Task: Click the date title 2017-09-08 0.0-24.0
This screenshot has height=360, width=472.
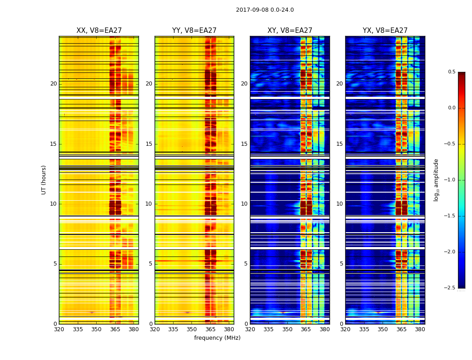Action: (265, 10)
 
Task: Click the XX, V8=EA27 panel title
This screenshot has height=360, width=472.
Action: (99, 31)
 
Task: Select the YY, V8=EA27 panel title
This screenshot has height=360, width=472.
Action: (194, 31)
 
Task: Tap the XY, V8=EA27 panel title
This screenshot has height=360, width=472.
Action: (290, 31)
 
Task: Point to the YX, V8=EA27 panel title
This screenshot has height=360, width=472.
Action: (385, 31)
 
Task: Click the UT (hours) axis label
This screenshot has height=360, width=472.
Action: (44, 180)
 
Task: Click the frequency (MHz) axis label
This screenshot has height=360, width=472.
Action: (217, 338)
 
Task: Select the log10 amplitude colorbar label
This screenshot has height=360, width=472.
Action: (436, 180)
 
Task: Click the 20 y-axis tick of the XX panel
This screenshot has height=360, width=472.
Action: (53, 84)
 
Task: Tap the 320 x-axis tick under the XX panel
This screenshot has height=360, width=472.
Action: (59, 329)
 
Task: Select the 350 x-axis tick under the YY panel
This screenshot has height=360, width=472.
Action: (192, 329)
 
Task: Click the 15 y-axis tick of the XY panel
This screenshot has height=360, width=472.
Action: (245, 144)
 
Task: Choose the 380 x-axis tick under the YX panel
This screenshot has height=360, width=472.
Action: (420, 329)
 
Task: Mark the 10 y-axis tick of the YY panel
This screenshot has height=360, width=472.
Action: (149, 204)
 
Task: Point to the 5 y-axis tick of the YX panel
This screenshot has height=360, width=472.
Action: (341, 264)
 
